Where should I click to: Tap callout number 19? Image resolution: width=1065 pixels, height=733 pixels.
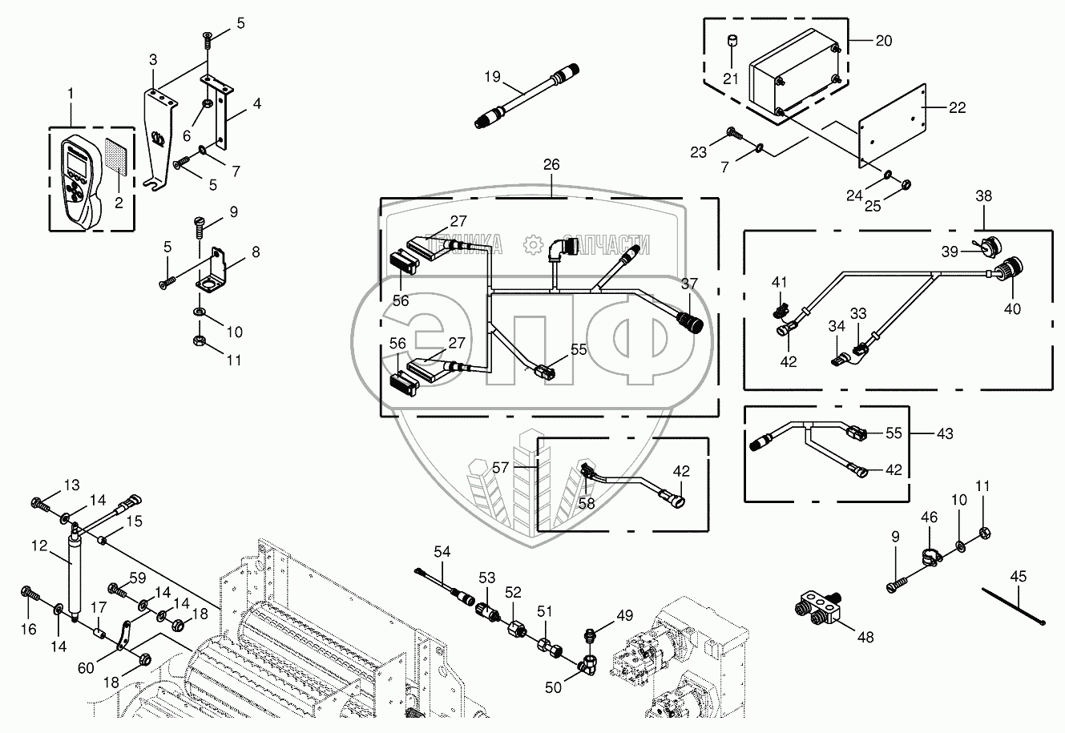pyautogui.click(x=492, y=78)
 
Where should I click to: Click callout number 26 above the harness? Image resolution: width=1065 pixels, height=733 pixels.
pyautogui.click(x=552, y=165)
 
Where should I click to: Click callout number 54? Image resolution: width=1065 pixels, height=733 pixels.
pyautogui.click(x=443, y=550)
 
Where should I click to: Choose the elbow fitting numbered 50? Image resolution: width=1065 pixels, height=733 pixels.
pyautogui.click(x=591, y=662)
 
